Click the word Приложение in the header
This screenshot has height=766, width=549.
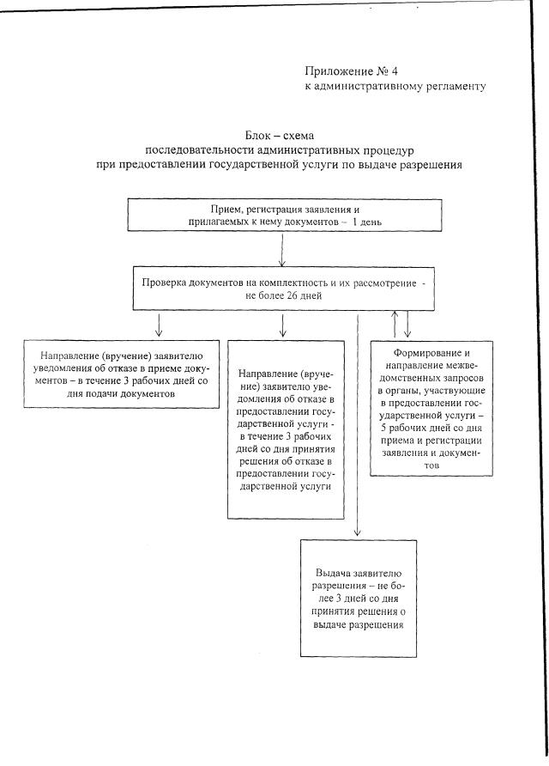[x=336, y=70]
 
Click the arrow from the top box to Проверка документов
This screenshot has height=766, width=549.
[x=282, y=251]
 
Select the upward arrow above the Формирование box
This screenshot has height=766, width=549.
[x=395, y=323]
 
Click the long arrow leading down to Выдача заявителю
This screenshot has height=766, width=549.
[x=357, y=429]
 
